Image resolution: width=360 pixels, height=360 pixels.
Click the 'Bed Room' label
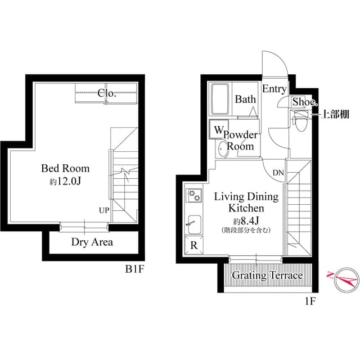(65, 168)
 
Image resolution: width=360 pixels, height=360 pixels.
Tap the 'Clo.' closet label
(107, 93)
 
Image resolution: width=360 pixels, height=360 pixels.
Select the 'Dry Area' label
(92, 242)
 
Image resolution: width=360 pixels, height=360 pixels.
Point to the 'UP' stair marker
(104, 210)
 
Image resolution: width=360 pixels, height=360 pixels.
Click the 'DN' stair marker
(278, 173)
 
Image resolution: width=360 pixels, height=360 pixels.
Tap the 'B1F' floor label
(135, 269)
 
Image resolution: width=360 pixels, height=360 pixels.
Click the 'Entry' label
(274, 89)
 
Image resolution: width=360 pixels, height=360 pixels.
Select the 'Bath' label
(245, 100)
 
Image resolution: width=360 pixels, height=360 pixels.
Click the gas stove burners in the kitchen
(195, 196)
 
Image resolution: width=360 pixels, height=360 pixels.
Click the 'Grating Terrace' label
(267, 276)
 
